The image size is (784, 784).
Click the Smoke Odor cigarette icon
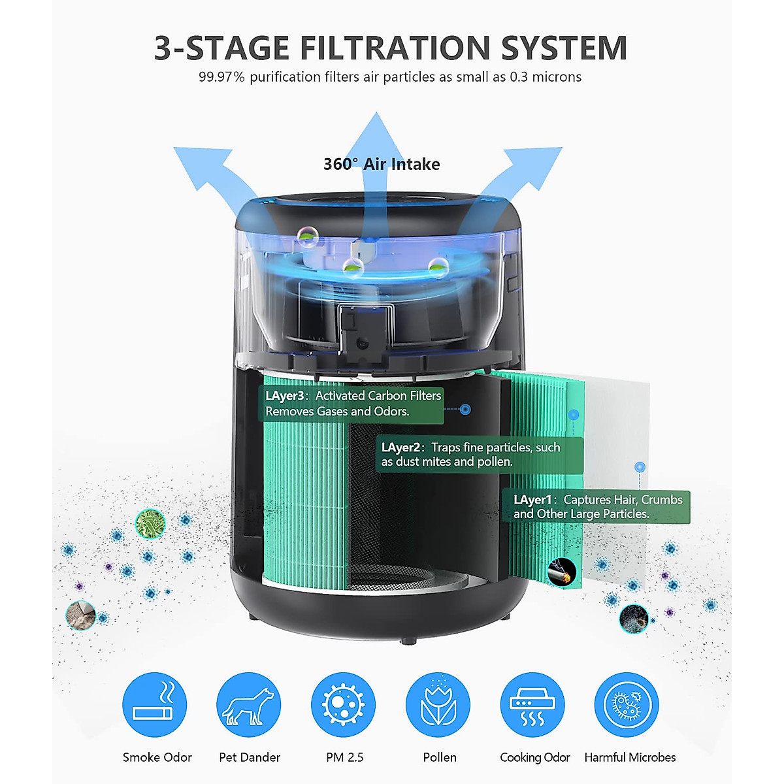(x=155, y=705)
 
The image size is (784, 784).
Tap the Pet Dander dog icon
(x=249, y=705)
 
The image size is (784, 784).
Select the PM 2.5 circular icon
(x=344, y=705)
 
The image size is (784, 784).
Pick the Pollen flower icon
(x=438, y=705)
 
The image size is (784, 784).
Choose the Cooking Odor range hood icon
(x=532, y=705)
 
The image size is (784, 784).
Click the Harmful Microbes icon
(x=627, y=705)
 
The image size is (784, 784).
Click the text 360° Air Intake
(x=382, y=164)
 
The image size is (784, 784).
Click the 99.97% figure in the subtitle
(x=221, y=77)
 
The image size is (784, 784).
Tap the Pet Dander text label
(x=249, y=757)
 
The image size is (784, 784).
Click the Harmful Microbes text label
(x=630, y=757)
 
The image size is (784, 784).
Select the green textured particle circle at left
(x=150, y=524)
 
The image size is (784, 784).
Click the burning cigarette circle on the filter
(x=563, y=572)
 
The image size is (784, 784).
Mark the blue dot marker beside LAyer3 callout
(x=465, y=410)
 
